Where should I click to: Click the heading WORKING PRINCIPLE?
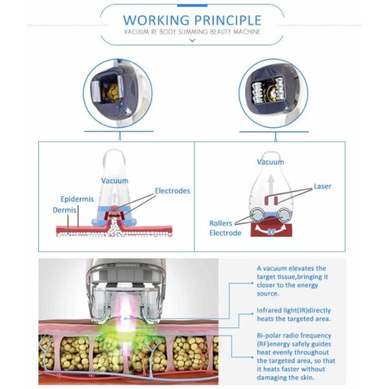[x=192, y=19]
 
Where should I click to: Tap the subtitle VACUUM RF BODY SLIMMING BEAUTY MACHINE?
[x=192, y=32]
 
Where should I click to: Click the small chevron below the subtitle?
[x=192, y=41]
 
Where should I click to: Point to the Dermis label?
[x=64, y=211]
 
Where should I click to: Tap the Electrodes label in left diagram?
[x=172, y=191]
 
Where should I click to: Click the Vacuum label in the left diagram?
[x=114, y=181]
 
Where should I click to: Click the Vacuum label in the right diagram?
[x=270, y=162]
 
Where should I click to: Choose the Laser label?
[x=322, y=187]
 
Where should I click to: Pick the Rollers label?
[x=220, y=224]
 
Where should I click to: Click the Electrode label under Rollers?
[x=225, y=233]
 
